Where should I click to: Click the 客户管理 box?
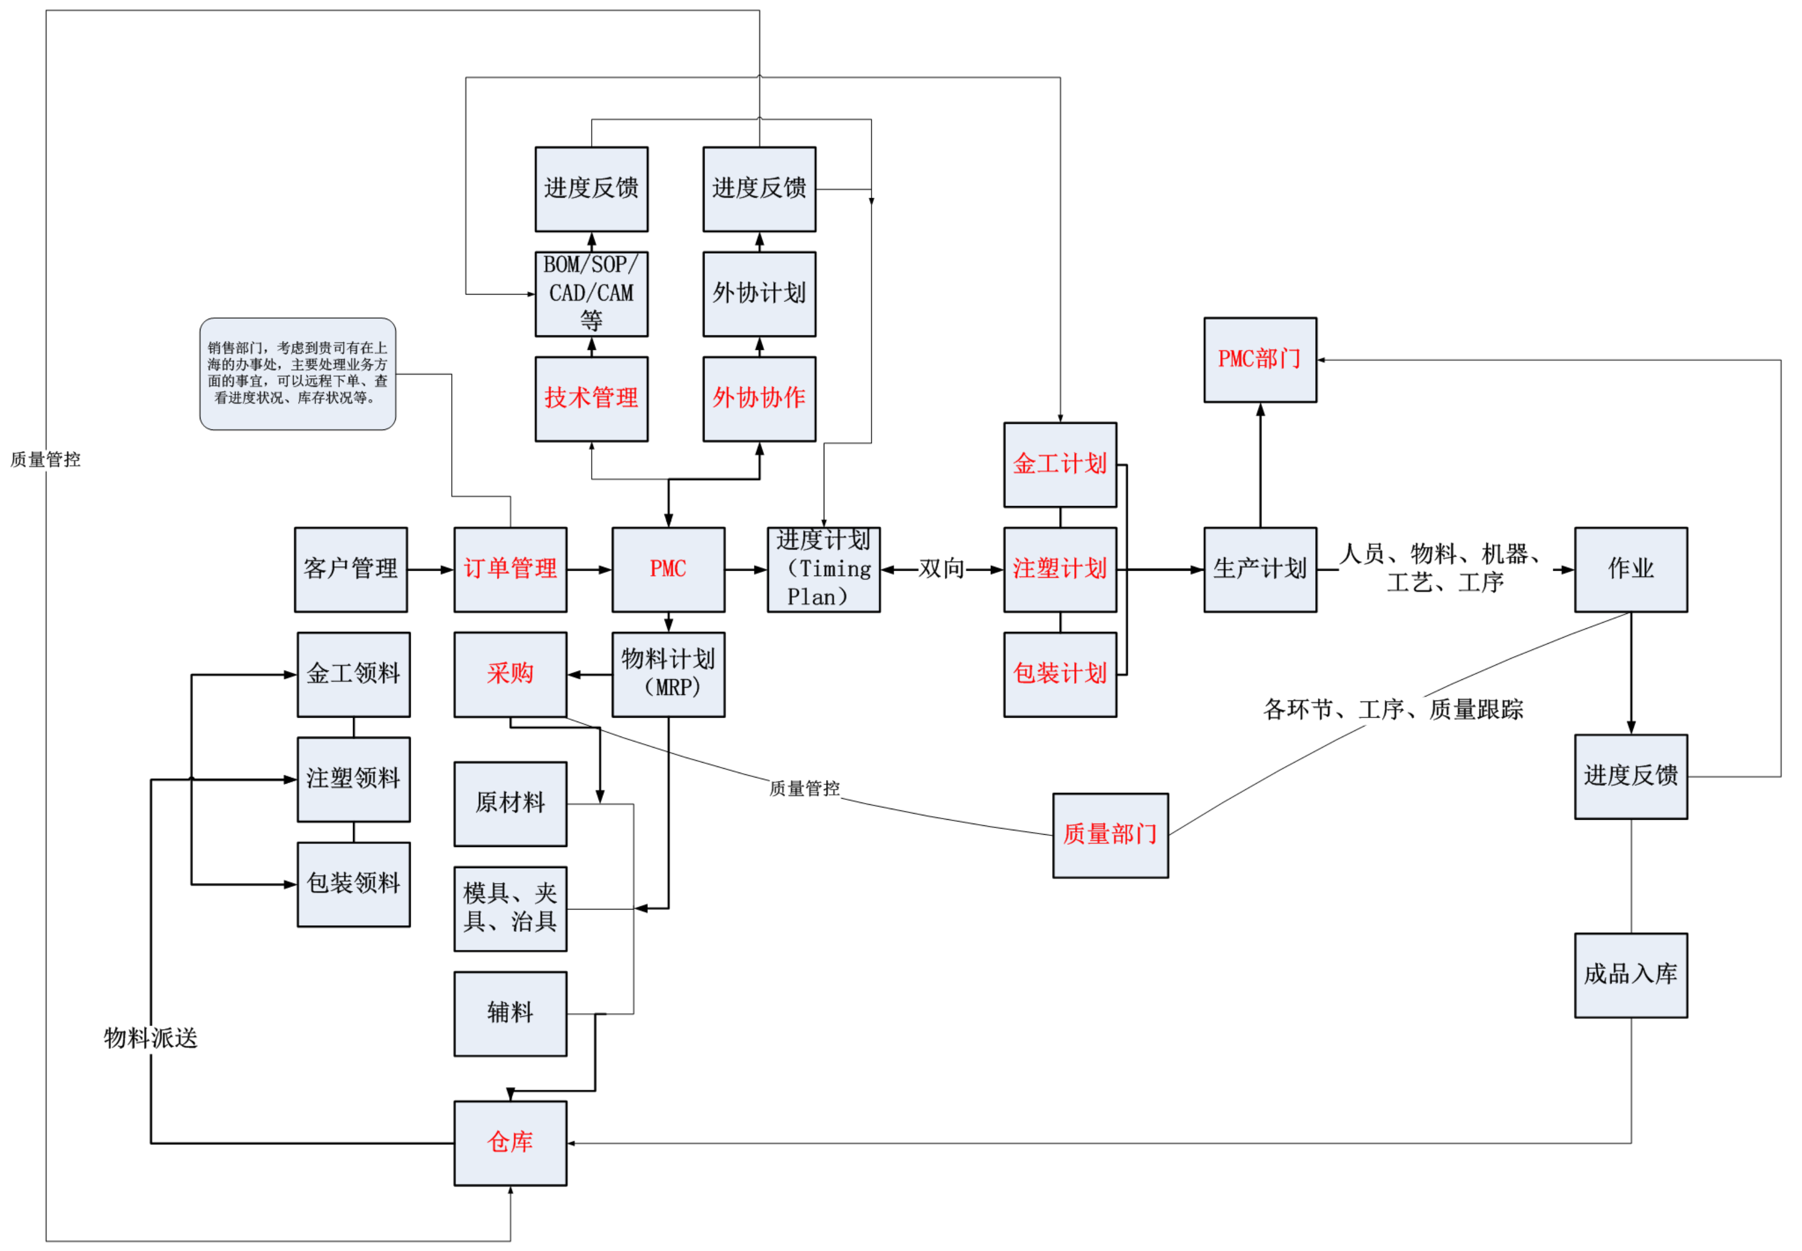350,569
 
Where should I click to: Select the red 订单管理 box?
510,569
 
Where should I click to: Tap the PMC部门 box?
1260,360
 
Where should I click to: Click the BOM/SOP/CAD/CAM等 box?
591,294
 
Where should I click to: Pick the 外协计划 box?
759,294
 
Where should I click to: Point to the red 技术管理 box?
591,399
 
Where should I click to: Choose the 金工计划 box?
1060,465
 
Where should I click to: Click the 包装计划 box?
1060,674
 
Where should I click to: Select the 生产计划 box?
1260,569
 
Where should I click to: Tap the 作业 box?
1630,569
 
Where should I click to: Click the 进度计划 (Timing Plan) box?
823,569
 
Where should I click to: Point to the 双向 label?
942,569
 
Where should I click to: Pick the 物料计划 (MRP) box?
668,674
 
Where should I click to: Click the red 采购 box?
510,674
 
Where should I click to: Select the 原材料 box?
510,804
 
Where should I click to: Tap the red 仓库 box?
510,1143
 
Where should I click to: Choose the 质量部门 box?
1110,835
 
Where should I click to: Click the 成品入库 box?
1630,975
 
